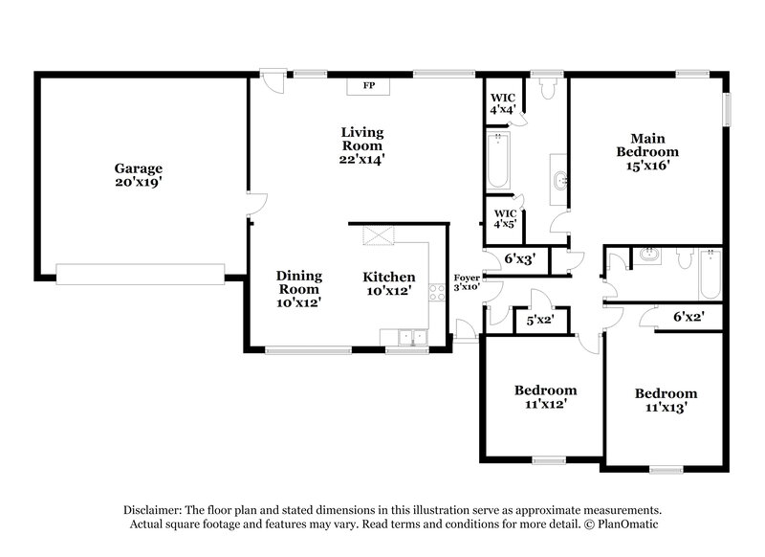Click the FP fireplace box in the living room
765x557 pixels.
[x=368, y=86]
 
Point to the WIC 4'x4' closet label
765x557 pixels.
[x=504, y=103]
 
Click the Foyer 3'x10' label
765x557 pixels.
[x=467, y=281]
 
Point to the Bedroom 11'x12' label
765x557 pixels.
[x=545, y=397]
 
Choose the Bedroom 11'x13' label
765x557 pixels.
[x=666, y=400]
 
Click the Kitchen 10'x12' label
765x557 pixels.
[x=389, y=283]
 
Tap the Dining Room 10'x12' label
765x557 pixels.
[x=299, y=288]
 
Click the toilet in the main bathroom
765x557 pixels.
[x=548, y=89]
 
